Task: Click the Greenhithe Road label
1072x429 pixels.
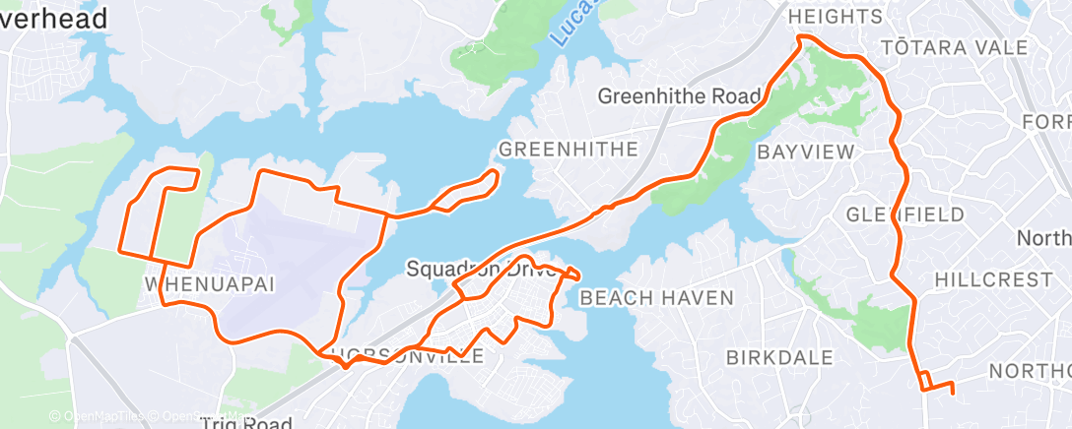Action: [679, 96]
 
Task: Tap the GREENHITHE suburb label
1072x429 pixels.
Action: [569, 150]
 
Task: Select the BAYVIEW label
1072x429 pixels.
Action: [805, 152]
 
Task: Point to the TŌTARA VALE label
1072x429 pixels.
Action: [953, 47]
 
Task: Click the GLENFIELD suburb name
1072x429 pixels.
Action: [904, 214]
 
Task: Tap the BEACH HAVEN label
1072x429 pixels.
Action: [656, 297]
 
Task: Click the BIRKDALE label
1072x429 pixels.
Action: [779, 357]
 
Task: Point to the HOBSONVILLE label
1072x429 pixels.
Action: [408, 356]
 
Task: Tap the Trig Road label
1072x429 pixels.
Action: [245, 423]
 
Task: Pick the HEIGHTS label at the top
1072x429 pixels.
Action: [835, 17]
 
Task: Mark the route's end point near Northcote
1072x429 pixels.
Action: [954, 394]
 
